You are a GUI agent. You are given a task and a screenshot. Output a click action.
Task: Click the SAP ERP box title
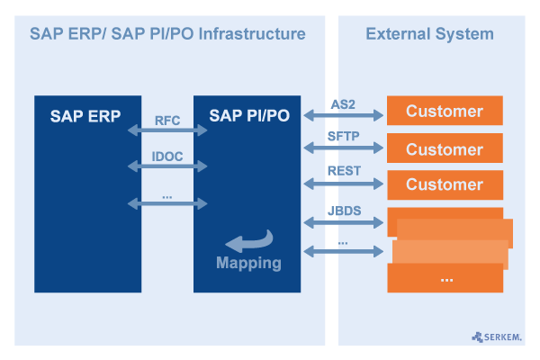(85, 115)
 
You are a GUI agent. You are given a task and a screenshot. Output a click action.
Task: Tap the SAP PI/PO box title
(249, 115)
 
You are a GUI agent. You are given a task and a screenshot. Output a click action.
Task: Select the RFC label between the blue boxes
(167, 120)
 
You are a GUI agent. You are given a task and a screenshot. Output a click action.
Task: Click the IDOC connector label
(167, 156)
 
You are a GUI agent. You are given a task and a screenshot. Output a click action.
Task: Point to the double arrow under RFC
(167, 131)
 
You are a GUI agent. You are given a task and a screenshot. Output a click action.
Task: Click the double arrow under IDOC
(167, 166)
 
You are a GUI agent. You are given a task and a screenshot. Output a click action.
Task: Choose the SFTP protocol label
(343, 136)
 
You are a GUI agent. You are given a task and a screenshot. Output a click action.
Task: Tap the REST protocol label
(343, 171)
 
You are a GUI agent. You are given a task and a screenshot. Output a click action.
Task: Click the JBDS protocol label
(343, 209)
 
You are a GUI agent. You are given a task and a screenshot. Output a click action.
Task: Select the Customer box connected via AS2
(445, 112)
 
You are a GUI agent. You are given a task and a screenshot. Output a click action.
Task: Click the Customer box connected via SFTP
(445, 148)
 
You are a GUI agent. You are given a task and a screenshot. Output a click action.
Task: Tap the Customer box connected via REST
(445, 184)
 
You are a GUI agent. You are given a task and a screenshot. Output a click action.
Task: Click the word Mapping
(248, 264)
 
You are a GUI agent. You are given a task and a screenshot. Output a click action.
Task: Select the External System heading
(429, 34)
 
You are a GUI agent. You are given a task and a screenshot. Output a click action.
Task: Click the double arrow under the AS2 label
(343, 115)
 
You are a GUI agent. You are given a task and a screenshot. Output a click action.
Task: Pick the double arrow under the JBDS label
(343, 221)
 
